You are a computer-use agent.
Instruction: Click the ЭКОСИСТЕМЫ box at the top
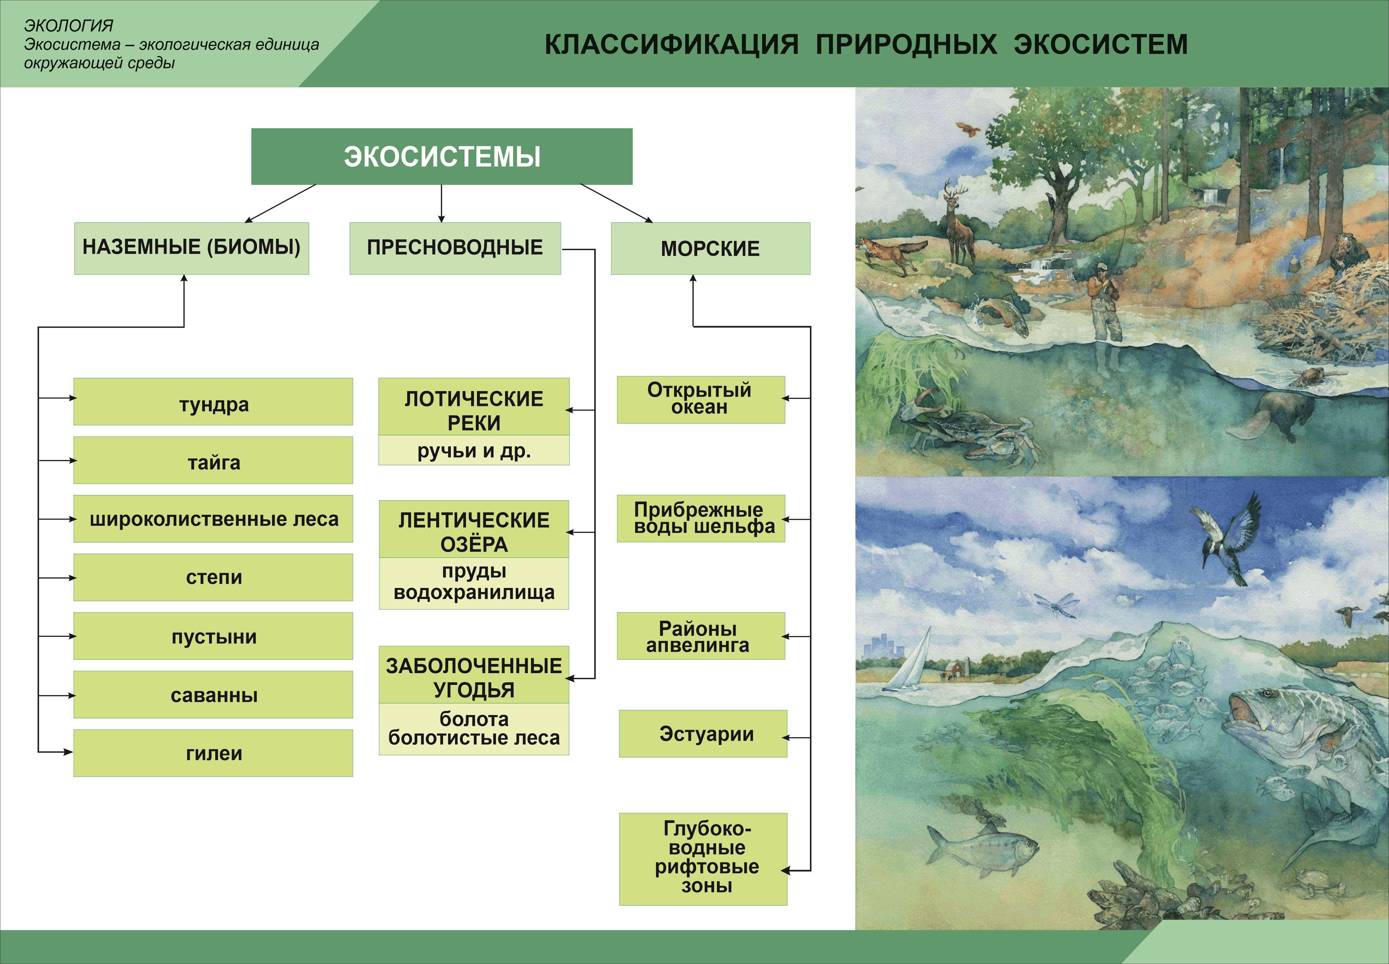pos(442,156)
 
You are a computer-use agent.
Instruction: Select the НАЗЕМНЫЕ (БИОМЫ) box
pos(192,248)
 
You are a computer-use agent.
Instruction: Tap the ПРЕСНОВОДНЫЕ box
pos(455,248)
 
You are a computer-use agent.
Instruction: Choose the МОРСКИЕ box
pos(710,248)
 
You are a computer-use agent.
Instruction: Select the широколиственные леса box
pos(213,519)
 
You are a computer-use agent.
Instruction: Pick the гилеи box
pos(213,753)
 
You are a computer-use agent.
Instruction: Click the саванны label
pos(214,695)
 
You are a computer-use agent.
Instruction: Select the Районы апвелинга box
pos(701,636)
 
